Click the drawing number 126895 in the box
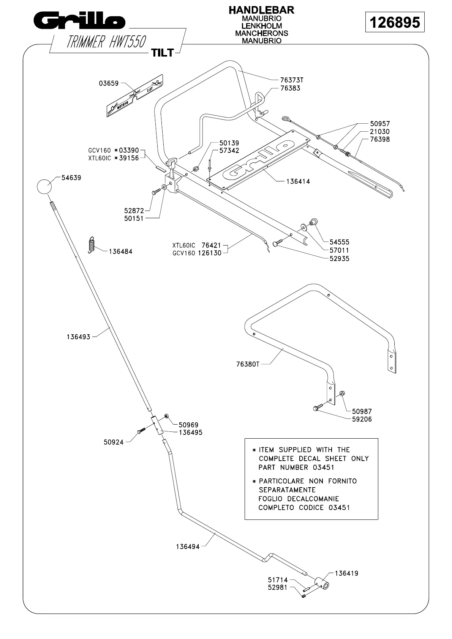(395, 22)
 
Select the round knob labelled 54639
(44, 187)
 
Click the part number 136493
(79, 337)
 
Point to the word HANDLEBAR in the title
(261, 10)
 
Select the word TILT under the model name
(163, 53)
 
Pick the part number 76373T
(292, 80)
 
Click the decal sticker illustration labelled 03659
(135, 95)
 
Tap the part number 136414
(298, 181)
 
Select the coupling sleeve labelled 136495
(158, 425)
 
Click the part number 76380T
(248, 364)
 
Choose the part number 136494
(188, 547)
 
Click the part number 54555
(339, 242)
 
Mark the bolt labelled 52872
(156, 193)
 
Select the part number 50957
(380, 124)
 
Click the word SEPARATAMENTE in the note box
(287, 490)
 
